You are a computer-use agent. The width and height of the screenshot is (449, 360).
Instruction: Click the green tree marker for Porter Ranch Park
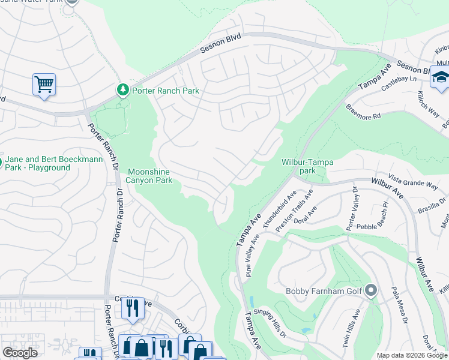point(123,89)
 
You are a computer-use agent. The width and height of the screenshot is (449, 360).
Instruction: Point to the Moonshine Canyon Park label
point(149,176)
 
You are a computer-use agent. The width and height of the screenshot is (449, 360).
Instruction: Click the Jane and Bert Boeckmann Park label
point(40,163)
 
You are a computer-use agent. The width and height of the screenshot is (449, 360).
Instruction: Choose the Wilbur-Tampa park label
point(307,166)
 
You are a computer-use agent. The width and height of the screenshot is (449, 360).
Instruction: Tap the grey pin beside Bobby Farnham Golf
point(370,291)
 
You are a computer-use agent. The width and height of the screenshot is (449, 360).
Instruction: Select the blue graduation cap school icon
point(440,77)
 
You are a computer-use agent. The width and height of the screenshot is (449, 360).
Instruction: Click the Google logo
point(20,353)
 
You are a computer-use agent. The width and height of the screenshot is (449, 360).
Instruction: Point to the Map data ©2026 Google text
point(412,355)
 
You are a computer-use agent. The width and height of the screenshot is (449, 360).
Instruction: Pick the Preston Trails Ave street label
point(295,211)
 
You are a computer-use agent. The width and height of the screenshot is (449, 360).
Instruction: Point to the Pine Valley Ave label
point(253,256)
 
